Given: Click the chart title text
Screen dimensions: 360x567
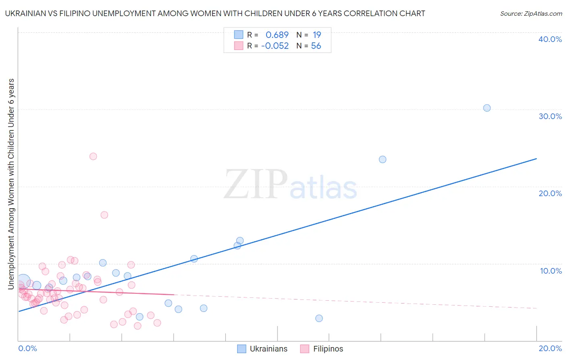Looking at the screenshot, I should tap(215, 14).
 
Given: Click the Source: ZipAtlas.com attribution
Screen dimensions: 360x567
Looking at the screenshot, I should tap(531, 14).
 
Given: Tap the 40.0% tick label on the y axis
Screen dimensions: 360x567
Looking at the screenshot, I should tap(550, 39).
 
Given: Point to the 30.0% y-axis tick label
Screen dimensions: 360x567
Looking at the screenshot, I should tap(550, 116).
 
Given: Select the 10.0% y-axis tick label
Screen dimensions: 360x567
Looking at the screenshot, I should tap(550, 271).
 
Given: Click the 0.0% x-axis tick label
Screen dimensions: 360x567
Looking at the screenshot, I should tap(27, 348).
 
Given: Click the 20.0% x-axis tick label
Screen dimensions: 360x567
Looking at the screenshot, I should tap(550, 348).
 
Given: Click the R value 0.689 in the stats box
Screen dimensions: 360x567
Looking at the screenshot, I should tap(277, 35).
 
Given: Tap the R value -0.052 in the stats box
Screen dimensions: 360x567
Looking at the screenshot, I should tap(275, 46).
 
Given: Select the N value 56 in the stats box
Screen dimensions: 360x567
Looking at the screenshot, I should tap(316, 46).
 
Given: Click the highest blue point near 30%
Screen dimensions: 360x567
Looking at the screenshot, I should tap(487, 108).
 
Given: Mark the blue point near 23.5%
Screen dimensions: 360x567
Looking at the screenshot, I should tap(383, 159).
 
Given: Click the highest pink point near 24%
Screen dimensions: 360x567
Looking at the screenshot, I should tap(93, 156).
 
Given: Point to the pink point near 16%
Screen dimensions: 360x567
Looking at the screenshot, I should tap(104, 215).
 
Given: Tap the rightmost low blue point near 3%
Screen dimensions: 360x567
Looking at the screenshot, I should tap(319, 318).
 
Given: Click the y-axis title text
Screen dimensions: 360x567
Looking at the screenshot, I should tap(11, 184).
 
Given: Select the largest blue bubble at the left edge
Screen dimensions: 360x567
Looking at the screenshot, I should tap(23, 281).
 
